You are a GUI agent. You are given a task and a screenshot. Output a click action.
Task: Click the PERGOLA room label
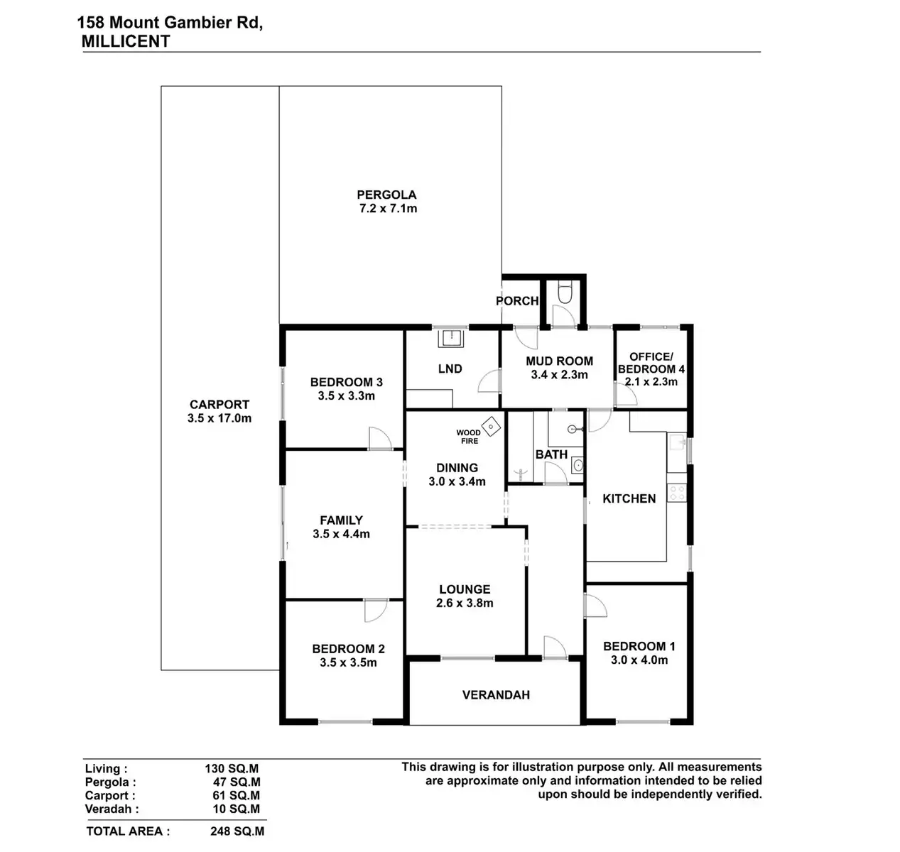(386, 195)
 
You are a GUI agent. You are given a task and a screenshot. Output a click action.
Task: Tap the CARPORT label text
(219, 405)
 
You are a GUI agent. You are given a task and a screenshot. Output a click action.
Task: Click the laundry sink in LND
(450, 339)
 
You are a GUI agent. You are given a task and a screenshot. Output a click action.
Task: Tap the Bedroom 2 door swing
(376, 610)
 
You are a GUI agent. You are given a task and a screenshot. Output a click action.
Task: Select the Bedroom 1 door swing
(595, 604)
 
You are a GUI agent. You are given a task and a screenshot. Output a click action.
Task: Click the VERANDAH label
(496, 695)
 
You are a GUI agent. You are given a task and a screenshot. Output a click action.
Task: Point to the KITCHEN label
(629, 498)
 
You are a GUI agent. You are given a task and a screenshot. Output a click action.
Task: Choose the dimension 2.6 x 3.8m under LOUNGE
(465, 603)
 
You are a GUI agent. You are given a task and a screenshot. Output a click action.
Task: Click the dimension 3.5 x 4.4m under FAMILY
(341, 534)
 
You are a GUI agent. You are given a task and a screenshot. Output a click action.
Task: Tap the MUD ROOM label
(559, 361)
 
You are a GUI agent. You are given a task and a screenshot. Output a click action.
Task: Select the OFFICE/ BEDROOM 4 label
(651, 363)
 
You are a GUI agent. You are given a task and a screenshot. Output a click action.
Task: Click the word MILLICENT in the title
(126, 41)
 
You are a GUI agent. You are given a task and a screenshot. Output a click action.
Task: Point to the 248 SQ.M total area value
(237, 831)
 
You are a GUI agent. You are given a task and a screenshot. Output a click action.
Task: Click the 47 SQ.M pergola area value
(236, 782)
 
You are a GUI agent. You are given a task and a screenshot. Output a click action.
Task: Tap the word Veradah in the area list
(112, 809)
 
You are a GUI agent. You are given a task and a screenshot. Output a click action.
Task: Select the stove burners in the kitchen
(677, 492)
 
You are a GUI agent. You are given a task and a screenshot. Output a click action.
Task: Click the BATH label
(551, 454)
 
